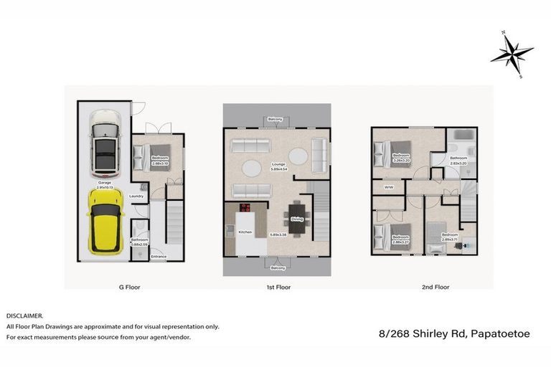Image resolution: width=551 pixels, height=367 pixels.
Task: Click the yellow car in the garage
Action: (x=105, y=220)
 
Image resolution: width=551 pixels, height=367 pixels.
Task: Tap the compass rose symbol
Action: (x=512, y=53)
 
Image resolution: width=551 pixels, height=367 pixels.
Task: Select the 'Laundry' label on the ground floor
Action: (x=137, y=196)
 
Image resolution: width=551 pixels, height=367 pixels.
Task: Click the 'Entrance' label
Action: (x=159, y=257)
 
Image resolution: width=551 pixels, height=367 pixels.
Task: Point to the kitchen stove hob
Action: (x=245, y=209)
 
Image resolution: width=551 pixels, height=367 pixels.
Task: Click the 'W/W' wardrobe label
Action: (x=390, y=188)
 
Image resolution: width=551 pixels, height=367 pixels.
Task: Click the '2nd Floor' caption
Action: (x=435, y=287)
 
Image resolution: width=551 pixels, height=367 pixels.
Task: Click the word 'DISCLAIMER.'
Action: (x=25, y=315)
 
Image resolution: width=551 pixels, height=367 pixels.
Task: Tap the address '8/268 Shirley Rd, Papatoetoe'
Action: (x=460, y=333)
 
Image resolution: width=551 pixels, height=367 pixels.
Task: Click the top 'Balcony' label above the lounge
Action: (x=275, y=119)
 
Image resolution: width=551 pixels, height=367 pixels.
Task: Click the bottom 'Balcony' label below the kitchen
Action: (x=277, y=267)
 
